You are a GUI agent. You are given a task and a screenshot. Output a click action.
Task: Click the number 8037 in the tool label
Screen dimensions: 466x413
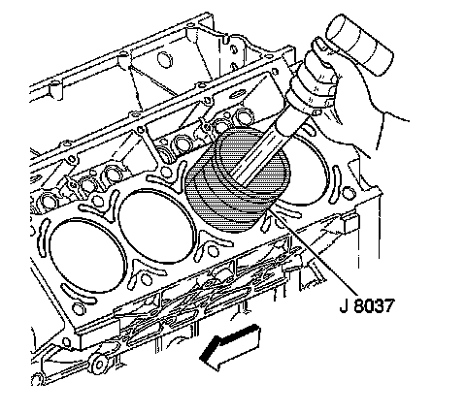(x=375, y=305)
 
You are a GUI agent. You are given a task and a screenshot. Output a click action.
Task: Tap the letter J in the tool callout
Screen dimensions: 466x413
(x=344, y=305)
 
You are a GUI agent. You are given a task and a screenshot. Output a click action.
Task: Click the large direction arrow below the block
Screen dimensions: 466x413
(x=230, y=346)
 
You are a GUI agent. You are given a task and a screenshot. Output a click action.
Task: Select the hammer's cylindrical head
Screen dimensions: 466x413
(x=359, y=45)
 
